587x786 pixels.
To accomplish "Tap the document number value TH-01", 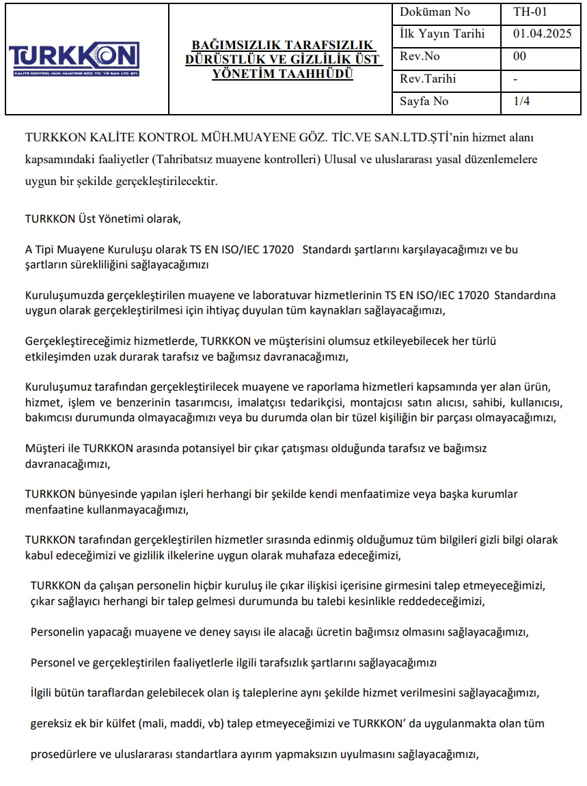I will click(x=530, y=12).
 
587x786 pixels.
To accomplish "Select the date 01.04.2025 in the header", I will click(x=541, y=33).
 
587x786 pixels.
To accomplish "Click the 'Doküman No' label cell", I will click(x=435, y=12).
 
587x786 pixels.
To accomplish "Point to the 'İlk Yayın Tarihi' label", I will click(x=442, y=33).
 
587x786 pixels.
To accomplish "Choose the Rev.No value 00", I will click(x=519, y=56).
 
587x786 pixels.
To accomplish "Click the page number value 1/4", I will click(x=521, y=101).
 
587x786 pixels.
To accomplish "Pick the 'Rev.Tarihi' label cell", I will click(x=428, y=79).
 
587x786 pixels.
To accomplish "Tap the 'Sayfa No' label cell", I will click(x=424, y=101).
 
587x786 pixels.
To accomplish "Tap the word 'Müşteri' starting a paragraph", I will click(x=44, y=449).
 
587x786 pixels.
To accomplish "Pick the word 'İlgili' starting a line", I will click(x=42, y=693).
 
